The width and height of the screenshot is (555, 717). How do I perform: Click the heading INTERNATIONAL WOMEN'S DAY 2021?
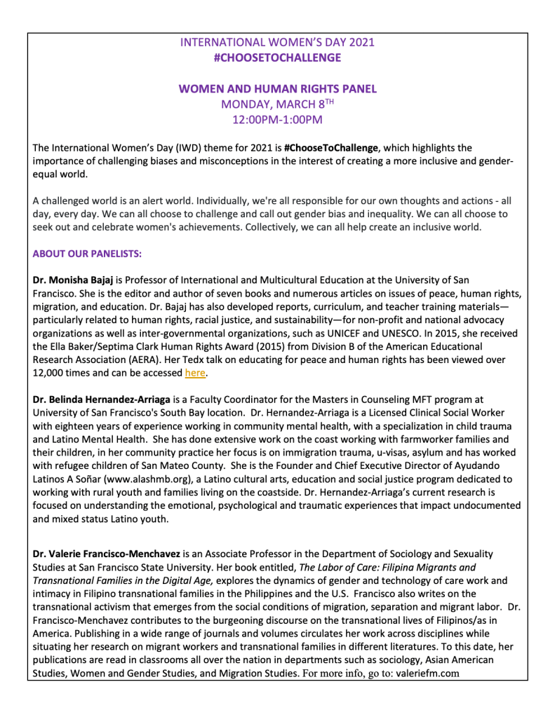pyautogui.click(x=277, y=42)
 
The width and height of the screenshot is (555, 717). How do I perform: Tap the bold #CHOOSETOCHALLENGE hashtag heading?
pyautogui.click(x=277, y=57)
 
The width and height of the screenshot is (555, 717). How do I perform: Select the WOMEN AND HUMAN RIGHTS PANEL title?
pyautogui.click(x=277, y=89)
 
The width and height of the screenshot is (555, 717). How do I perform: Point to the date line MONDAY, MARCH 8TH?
pyautogui.click(x=277, y=104)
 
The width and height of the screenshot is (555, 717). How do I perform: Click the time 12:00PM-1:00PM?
pyautogui.click(x=277, y=120)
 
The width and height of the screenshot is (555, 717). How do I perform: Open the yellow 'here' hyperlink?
pyautogui.click(x=194, y=373)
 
